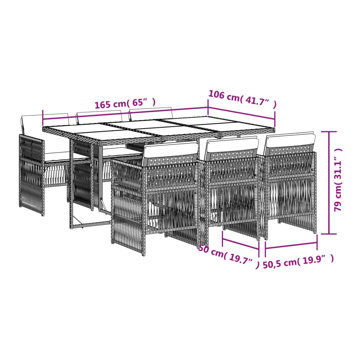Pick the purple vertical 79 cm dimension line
coord(329,183)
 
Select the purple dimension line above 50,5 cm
coord(291,246)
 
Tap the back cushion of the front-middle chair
coord(232,145)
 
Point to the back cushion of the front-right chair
coord(290,140)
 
